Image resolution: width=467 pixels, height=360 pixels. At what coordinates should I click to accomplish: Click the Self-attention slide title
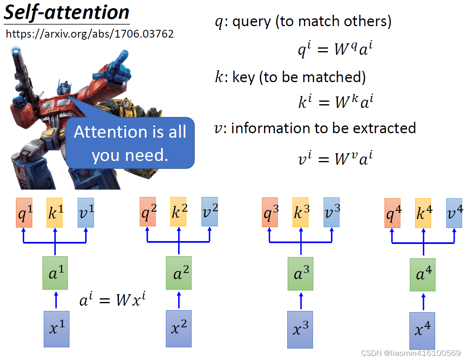67,12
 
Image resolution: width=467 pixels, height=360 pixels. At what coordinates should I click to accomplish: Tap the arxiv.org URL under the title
89,34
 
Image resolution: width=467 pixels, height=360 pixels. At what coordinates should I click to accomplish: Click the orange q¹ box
24,213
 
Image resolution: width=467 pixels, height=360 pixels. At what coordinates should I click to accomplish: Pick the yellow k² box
179,211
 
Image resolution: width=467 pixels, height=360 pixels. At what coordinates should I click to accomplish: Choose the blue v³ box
331,212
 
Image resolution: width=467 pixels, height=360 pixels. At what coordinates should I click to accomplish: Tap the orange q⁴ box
392,213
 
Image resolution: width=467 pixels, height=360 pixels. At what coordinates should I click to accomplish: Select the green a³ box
300,274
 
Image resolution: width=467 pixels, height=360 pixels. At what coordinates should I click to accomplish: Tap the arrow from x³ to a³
301,301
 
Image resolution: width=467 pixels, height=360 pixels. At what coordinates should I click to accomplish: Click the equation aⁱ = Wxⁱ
112,300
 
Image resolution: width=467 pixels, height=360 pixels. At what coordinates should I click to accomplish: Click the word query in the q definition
251,22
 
